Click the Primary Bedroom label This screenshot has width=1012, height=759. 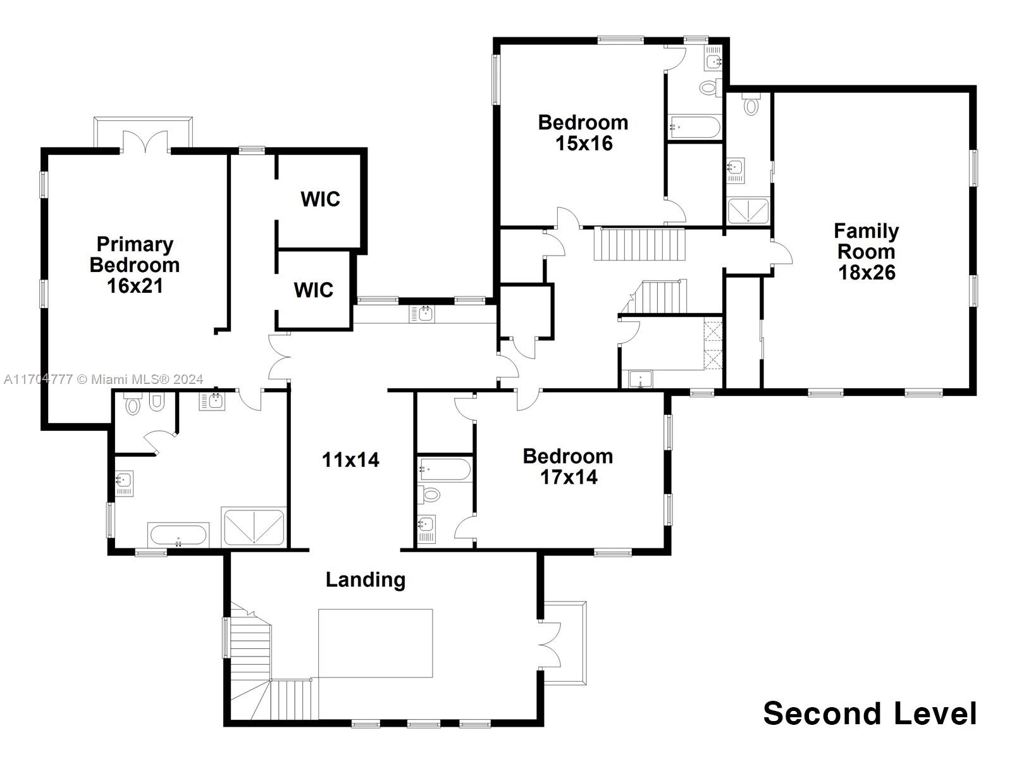[135, 264]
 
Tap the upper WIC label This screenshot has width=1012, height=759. [320, 199]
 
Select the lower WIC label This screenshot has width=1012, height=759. [314, 290]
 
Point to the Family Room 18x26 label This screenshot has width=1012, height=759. [866, 252]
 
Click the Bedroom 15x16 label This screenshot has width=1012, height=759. [583, 132]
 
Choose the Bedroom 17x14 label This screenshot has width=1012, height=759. [568, 466]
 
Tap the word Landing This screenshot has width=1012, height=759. [366, 579]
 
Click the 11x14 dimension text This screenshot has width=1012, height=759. [350, 460]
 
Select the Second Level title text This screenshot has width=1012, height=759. [870, 713]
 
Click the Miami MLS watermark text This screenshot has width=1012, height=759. [104, 379]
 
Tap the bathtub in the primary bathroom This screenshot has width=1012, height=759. [178, 535]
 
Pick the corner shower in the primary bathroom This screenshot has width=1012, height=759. [254, 527]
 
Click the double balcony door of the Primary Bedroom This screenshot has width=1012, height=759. [145, 142]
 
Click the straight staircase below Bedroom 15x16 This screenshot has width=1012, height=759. [639, 244]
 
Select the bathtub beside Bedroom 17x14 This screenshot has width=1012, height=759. [444, 470]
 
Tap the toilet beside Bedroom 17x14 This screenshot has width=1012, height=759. [431, 494]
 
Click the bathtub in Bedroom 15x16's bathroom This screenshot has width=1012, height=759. [694, 127]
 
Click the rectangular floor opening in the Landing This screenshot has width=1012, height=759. [375, 643]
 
